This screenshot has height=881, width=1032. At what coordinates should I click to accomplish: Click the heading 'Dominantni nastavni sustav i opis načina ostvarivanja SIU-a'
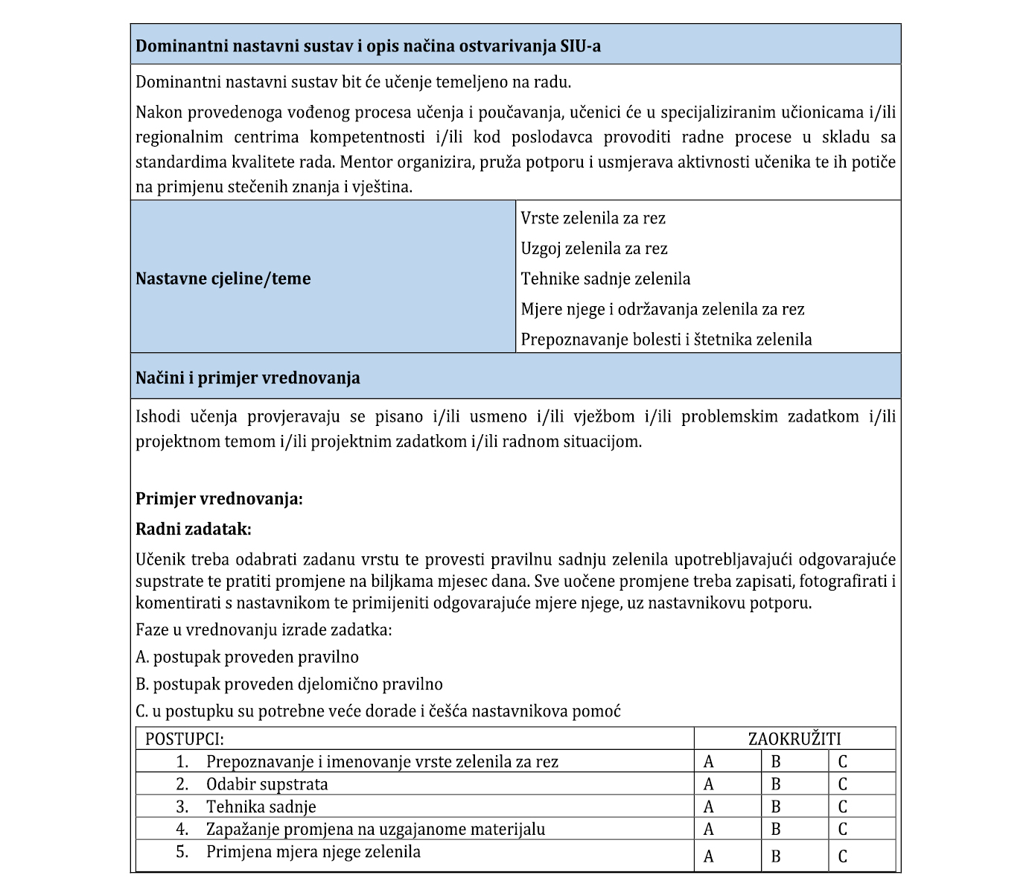point(368,46)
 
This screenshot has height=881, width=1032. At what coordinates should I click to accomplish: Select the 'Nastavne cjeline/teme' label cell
point(223,279)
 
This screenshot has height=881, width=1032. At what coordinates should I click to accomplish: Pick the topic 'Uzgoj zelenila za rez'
point(594,249)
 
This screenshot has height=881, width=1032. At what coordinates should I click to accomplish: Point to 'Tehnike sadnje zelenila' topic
point(605,279)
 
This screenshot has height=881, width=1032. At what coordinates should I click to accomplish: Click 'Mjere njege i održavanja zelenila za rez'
point(662,309)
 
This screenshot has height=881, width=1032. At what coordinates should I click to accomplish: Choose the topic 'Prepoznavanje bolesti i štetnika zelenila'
point(666,340)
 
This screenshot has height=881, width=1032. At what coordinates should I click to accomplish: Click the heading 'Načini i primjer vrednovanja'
point(247,378)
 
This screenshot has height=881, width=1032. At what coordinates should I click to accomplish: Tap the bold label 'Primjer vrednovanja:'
point(219,499)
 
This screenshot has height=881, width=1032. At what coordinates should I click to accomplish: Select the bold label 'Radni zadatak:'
point(194,529)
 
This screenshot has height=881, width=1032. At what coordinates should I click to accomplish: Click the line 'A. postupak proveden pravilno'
point(247,657)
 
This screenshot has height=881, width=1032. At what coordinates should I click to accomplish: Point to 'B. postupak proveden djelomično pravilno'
point(289,684)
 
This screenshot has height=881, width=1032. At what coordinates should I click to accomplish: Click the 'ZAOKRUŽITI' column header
point(794,739)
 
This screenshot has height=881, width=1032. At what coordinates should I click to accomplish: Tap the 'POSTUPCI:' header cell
point(185,739)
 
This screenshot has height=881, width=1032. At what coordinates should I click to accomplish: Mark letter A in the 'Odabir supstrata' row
point(709,784)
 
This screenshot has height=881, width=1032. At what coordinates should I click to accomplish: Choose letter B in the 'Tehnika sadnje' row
point(776,807)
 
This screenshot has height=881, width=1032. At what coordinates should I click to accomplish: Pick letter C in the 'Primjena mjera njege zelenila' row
point(843,856)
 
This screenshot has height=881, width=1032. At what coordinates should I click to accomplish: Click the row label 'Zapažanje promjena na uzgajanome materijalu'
point(375,829)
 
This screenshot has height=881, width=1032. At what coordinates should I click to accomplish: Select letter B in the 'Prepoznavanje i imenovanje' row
point(776,762)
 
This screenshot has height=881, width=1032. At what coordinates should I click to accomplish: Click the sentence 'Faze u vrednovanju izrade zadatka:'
point(264,630)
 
